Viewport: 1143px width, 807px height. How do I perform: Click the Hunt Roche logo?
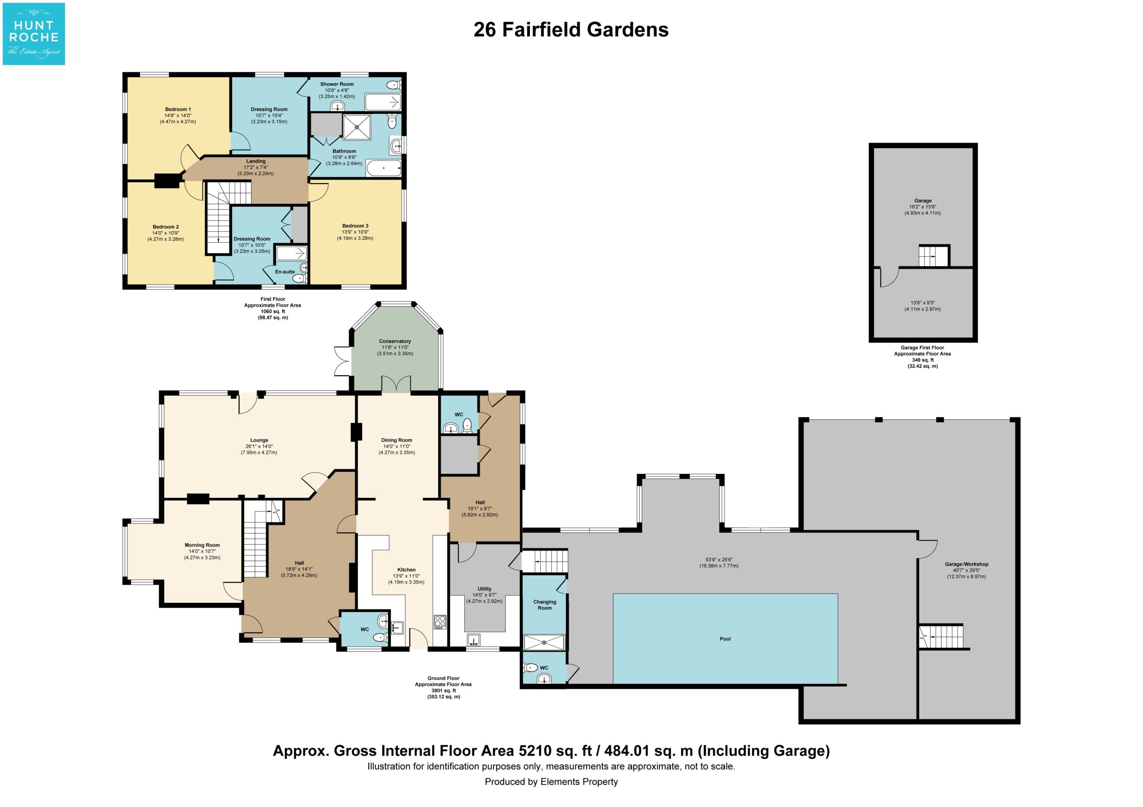click(x=34, y=34)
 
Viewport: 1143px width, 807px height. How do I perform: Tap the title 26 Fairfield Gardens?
click(x=571, y=30)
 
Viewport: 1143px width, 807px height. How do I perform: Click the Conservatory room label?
click(x=395, y=341)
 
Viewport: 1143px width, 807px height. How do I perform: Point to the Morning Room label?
click(x=202, y=545)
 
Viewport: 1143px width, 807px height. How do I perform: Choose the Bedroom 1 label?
click(x=178, y=109)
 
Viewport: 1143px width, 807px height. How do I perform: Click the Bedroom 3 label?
click(x=355, y=226)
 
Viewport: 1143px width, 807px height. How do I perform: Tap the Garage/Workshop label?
click(x=966, y=564)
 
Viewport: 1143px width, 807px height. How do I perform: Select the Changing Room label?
click(x=545, y=605)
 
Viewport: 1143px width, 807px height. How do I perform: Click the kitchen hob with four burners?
click(x=440, y=621)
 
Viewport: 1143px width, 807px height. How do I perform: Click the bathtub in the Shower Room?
click(x=383, y=103)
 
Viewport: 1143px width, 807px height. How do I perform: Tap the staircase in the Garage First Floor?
click(x=934, y=256)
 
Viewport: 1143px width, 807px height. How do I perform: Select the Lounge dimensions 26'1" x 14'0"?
click(x=259, y=446)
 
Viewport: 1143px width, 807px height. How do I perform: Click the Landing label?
click(x=256, y=161)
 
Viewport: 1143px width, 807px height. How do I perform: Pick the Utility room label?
click(x=484, y=588)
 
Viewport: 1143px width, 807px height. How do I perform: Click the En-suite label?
click(x=285, y=272)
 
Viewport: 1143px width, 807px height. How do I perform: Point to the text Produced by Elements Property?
click(x=551, y=782)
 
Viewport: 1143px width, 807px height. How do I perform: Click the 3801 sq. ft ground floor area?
click(x=443, y=691)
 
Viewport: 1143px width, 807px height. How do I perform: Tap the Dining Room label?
click(x=396, y=440)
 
